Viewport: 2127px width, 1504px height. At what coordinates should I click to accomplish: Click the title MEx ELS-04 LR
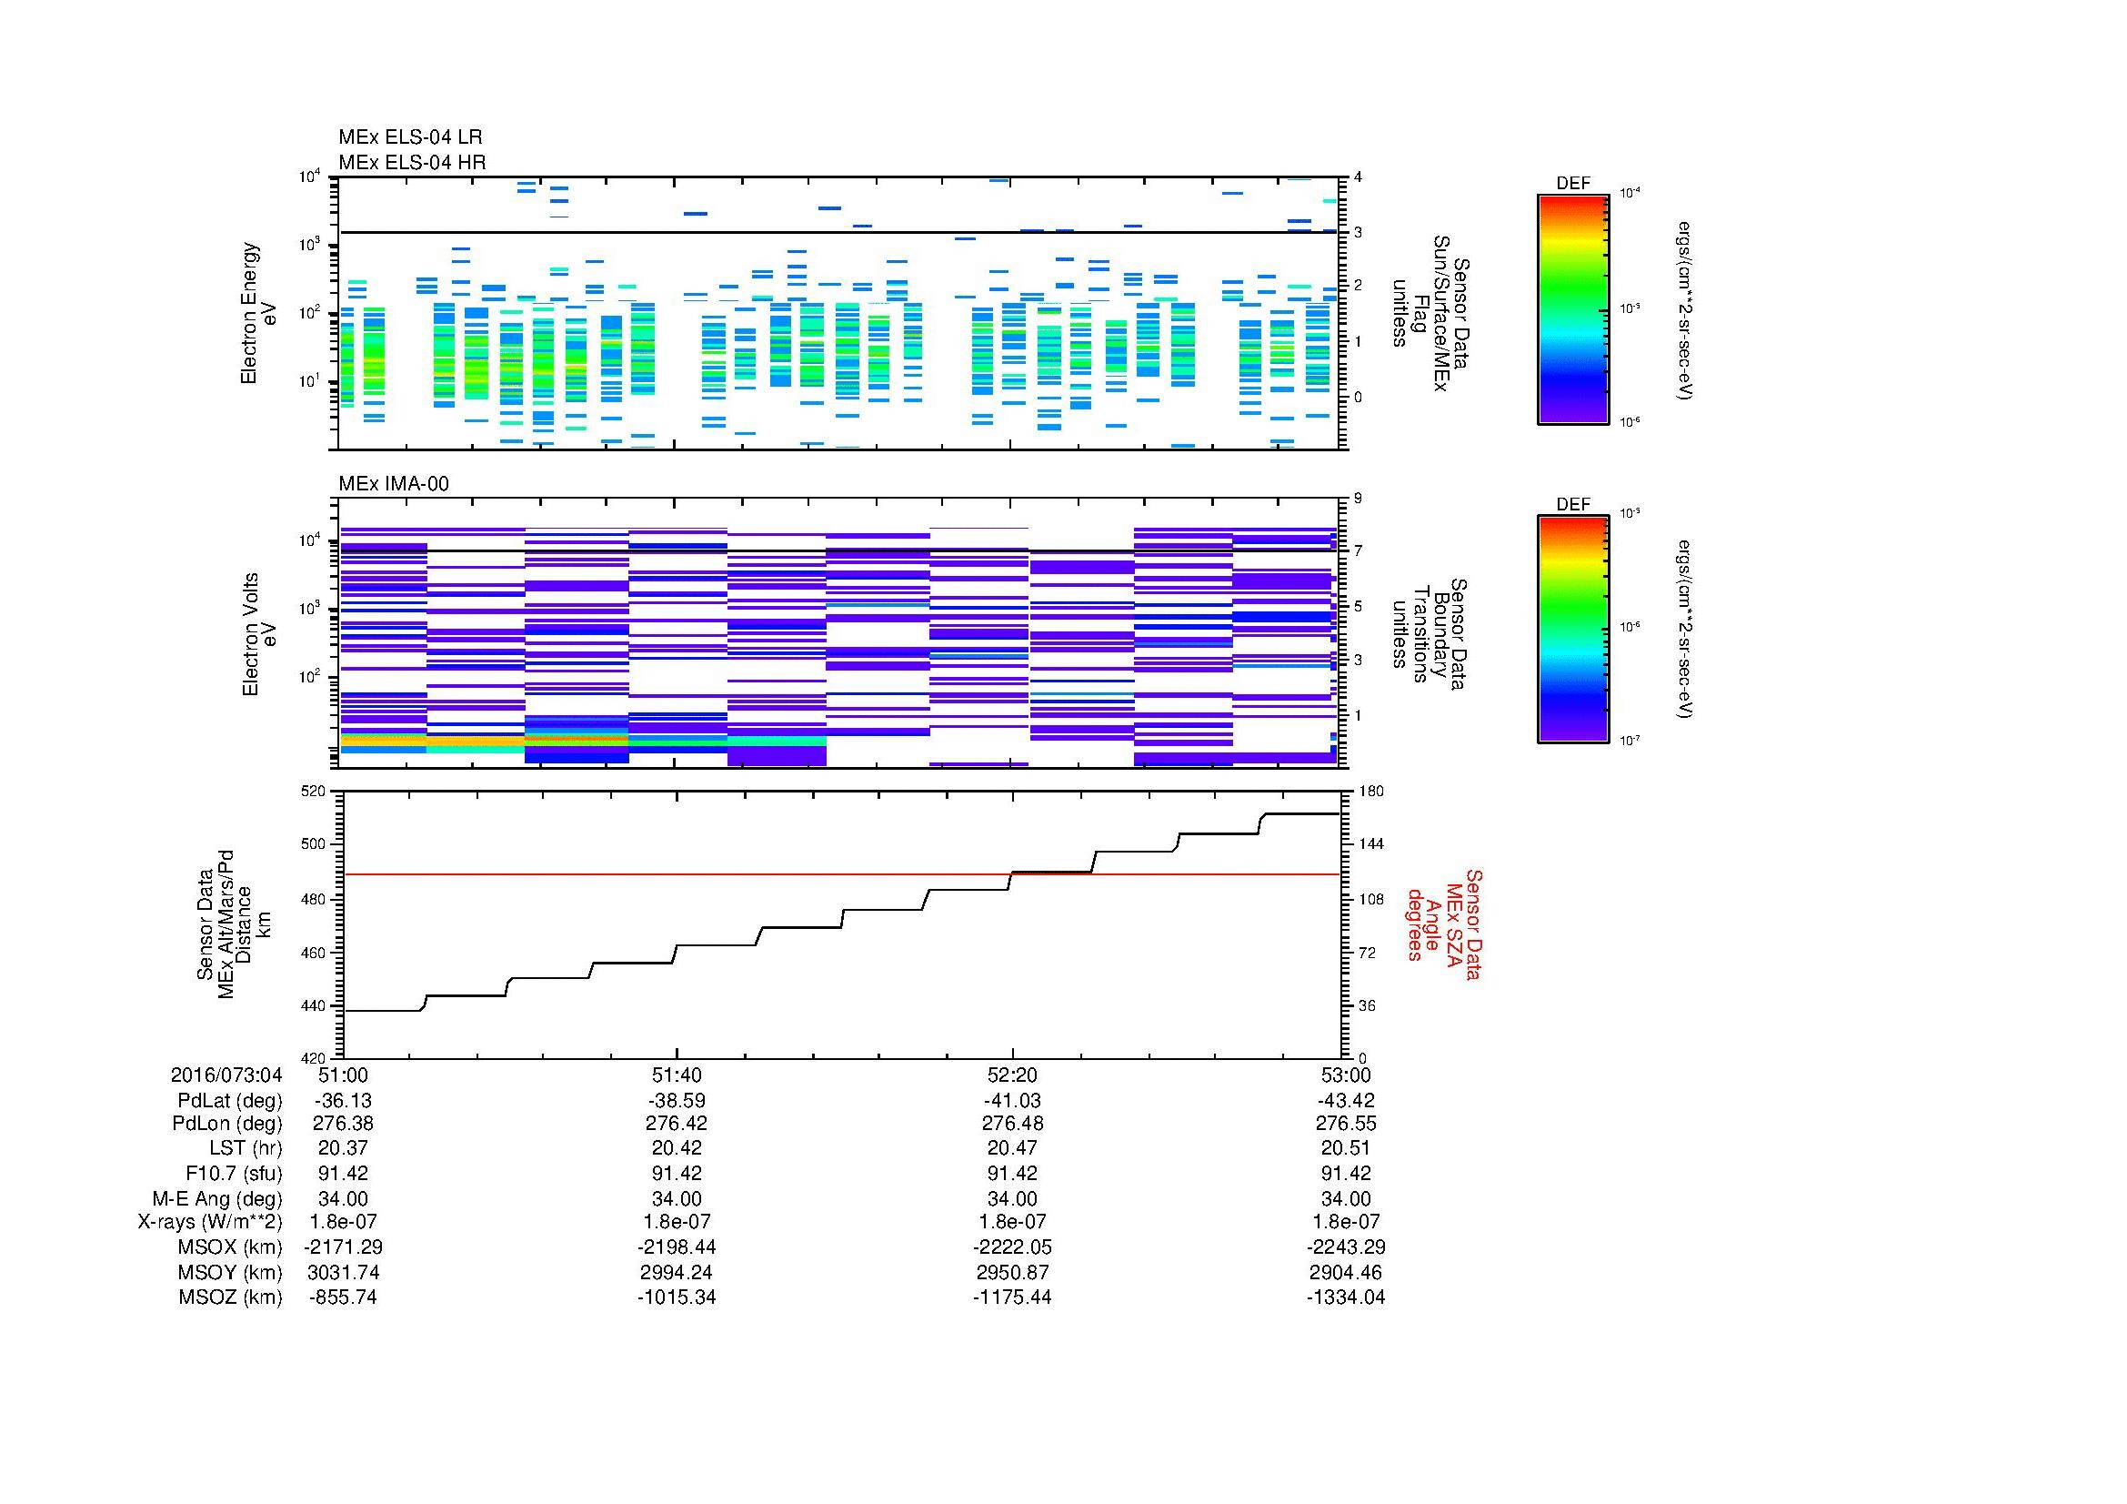[x=410, y=137]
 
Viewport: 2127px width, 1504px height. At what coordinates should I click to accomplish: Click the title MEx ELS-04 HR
[x=412, y=162]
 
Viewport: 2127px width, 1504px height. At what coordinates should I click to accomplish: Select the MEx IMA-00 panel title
[x=394, y=484]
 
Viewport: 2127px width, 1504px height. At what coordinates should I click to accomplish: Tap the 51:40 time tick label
[x=677, y=1075]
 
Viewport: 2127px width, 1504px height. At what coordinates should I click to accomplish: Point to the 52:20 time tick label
[x=1012, y=1075]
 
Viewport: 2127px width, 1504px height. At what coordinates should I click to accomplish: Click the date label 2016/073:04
[x=226, y=1075]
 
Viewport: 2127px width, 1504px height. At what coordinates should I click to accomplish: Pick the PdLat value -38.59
[x=677, y=1101]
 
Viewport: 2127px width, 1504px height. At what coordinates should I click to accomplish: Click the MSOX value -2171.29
[x=344, y=1247]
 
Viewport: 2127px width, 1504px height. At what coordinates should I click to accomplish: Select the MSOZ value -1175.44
[x=1012, y=1297]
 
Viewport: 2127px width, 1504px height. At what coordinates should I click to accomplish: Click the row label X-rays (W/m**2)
[x=209, y=1222]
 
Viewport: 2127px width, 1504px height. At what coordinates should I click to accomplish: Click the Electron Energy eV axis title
[x=258, y=313]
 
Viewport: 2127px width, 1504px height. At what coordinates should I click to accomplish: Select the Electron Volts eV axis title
[x=258, y=634]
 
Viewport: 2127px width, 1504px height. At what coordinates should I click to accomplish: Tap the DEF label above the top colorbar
[x=1573, y=184]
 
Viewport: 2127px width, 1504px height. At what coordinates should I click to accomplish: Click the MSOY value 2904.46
[x=1346, y=1272]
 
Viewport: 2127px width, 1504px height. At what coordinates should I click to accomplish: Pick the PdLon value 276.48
[x=1012, y=1123]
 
